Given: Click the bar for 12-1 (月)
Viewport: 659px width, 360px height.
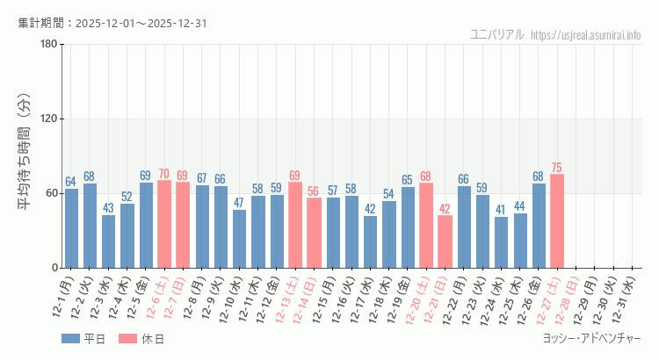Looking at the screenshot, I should click(71, 228).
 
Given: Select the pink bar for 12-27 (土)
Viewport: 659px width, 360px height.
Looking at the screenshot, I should click(557, 221).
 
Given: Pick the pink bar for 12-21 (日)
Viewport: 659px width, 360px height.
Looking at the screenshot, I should click(445, 241).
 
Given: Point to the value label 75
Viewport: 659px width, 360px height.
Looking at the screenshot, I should click(557, 168).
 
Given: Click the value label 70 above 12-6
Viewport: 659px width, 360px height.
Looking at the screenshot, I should click(164, 174).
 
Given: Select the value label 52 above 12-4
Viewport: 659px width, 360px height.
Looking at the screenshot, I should click(127, 197).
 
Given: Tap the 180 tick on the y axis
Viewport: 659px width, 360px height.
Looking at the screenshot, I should click(49, 45).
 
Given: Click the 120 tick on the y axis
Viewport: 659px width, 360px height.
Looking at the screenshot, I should click(49, 119).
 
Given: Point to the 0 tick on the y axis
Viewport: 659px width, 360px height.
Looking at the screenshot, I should click(54, 268).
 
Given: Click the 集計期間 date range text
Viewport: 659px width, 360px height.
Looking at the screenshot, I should click(112, 23).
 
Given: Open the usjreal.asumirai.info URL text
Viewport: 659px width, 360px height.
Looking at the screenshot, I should click(586, 35).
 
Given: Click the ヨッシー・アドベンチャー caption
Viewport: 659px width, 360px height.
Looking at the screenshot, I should click(592, 338).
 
